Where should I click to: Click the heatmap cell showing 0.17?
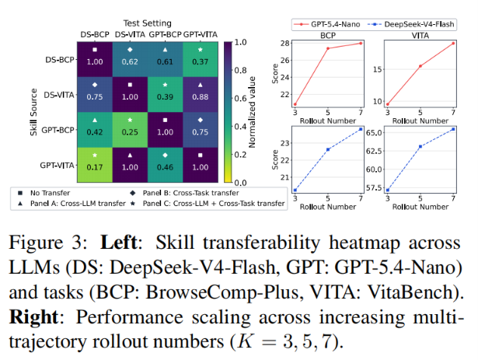click(x=95, y=165)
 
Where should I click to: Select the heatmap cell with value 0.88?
click(x=201, y=95)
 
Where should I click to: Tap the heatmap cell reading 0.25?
click(x=130, y=130)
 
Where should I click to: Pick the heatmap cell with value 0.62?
click(x=130, y=60)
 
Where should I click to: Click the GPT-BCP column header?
click(x=166, y=34)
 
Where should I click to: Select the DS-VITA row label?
click(x=59, y=95)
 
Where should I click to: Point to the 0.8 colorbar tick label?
click(x=240, y=70)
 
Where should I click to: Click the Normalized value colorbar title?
click(x=252, y=112)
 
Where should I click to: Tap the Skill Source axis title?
click(x=33, y=112)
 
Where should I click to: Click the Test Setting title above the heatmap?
click(x=147, y=23)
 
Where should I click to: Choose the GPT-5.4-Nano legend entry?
click(x=326, y=24)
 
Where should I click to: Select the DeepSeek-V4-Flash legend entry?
click(x=411, y=24)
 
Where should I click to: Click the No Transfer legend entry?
click(x=44, y=193)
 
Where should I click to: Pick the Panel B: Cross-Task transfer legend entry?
click(x=185, y=193)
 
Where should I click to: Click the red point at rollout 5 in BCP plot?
click(x=328, y=48)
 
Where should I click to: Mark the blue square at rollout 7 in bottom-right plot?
click(x=453, y=129)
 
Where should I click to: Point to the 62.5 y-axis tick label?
click(x=374, y=151)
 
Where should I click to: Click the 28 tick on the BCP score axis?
click(x=285, y=43)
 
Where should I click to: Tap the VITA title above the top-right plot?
click(x=420, y=36)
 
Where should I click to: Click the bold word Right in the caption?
click(x=33, y=317)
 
